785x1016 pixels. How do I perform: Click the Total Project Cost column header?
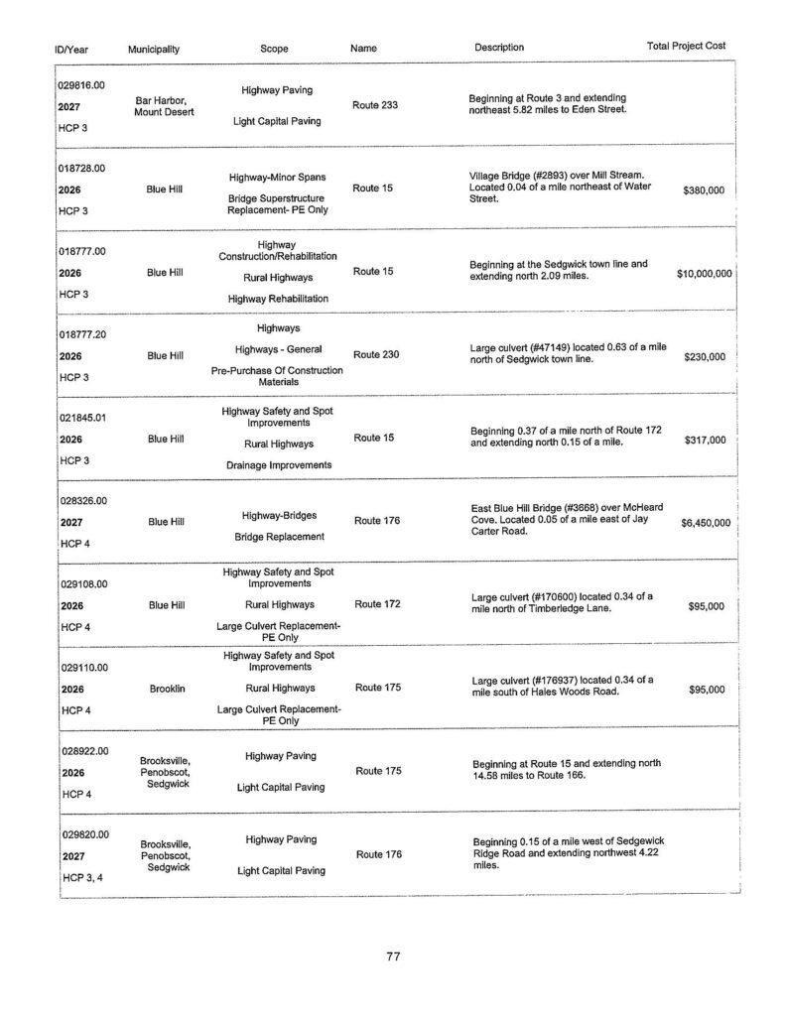pyautogui.click(x=686, y=47)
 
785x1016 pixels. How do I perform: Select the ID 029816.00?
pyautogui.click(x=82, y=86)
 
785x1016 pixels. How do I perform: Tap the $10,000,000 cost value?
pyautogui.click(x=704, y=273)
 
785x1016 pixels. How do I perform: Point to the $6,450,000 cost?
pyautogui.click(x=704, y=522)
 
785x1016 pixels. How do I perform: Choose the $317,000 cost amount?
pyautogui.click(x=706, y=440)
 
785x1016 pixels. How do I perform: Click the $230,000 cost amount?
pyautogui.click(x=705, y=356)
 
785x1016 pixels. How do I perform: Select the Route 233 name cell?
pyautogui.click(x=375, y=105)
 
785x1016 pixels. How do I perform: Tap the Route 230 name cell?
pyautogui.click(x=376, y=354)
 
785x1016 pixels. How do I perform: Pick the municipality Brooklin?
pyautogui.click(x=164, y=689)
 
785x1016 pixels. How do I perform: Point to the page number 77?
pyautogui.click(x=393, y=956)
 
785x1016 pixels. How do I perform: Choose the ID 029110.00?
pyautogui.click(x=82, y=668)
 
